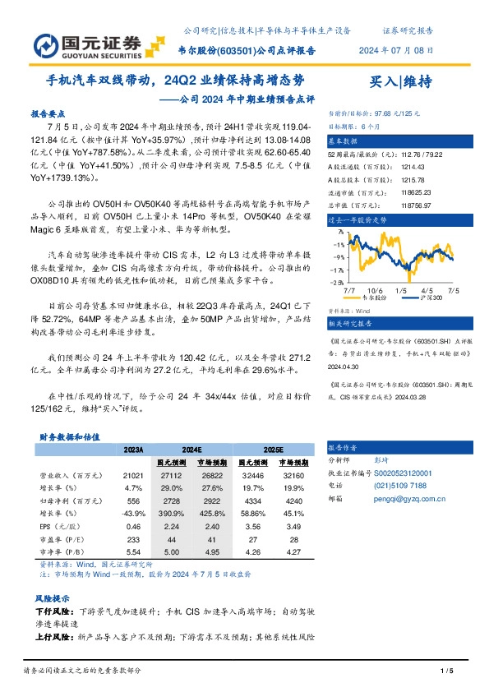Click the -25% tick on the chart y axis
click(337, 282)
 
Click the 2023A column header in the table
click(133, 450)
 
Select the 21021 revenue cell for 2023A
click(134, 475)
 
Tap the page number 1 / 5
click(447, 674)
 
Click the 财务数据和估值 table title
click(68, 436)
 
